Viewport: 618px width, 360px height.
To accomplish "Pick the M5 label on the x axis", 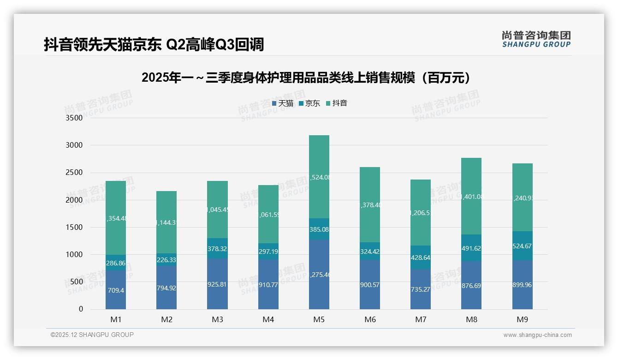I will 319,319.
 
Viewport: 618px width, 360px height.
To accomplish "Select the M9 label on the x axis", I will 522,319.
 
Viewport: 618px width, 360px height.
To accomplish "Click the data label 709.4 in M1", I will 116,291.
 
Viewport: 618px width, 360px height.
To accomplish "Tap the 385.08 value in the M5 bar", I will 319,229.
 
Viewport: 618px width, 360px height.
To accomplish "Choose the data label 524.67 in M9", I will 522,246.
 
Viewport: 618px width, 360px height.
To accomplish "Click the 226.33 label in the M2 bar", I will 166,260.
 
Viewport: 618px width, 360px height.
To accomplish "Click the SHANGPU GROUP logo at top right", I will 536,39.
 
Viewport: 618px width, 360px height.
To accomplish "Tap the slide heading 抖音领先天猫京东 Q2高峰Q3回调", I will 154,45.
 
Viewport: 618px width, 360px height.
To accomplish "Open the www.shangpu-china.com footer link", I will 537,335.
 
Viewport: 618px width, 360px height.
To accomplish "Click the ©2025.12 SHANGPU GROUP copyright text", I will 92,335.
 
